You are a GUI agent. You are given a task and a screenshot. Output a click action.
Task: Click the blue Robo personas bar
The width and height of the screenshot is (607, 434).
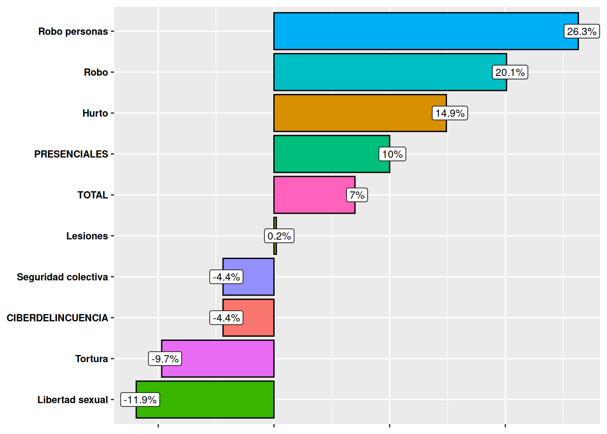416,31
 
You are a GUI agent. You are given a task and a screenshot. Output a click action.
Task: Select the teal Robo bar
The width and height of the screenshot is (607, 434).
379,72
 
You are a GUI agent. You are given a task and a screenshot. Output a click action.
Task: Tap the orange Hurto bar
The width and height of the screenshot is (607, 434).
352,113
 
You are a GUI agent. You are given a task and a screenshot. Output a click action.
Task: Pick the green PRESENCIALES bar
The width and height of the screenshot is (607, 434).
325,154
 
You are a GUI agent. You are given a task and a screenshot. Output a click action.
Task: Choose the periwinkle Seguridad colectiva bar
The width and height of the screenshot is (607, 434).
257,277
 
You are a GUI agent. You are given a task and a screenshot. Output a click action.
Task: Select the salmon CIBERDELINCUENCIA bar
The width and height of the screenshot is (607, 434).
257,318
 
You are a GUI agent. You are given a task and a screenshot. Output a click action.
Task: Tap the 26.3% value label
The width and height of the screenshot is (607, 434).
582,32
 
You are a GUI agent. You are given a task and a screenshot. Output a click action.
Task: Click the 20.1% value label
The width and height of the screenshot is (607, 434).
510,72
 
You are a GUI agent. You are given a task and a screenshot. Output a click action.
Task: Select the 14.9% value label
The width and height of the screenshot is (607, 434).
450,113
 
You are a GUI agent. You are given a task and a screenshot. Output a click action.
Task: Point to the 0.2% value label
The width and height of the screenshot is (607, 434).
279,236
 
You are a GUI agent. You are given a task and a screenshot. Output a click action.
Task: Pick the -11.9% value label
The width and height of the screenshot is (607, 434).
140,400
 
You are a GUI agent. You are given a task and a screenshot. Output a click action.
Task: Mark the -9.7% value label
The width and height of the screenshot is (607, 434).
165,359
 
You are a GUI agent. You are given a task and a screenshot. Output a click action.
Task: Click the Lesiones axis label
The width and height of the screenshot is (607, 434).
87,236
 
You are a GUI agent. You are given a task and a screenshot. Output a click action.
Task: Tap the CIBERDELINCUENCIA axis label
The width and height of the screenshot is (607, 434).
57,318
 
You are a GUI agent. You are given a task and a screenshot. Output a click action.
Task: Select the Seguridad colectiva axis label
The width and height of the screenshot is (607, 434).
62,277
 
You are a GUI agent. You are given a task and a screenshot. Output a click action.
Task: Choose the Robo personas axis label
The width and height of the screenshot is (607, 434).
73,32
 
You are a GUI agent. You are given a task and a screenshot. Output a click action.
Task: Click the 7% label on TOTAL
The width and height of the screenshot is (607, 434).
357,195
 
